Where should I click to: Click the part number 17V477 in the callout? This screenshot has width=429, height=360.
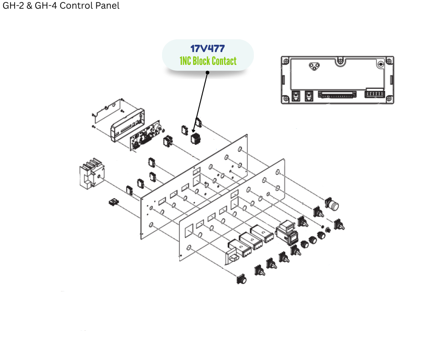tap(208, 48)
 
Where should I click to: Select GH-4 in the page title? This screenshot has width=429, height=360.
tap(44, 6)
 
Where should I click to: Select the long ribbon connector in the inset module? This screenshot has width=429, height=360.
tap(338, 95)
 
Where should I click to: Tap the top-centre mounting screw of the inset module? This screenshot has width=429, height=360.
tap(339, 60)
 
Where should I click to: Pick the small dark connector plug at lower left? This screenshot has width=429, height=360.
tap(112, 202)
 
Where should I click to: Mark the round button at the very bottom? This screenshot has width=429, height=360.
tap(241, 279)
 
